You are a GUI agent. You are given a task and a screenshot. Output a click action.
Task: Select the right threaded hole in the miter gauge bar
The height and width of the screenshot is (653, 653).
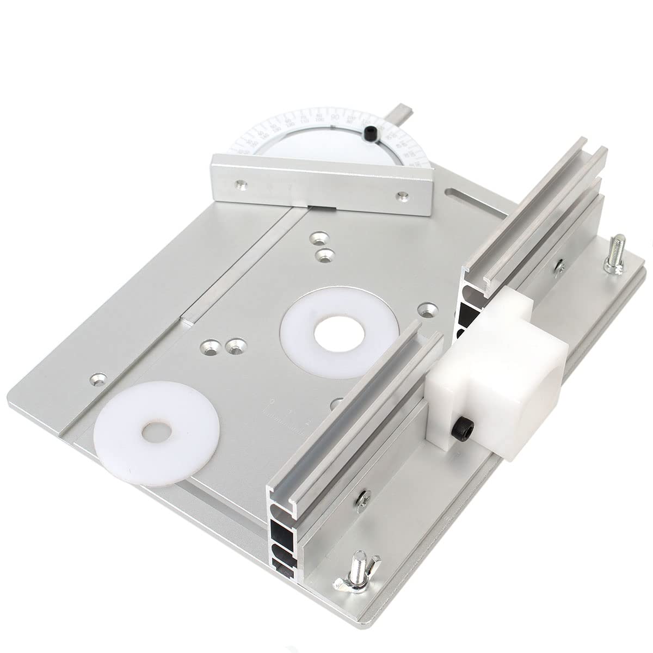click(402, 194)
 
